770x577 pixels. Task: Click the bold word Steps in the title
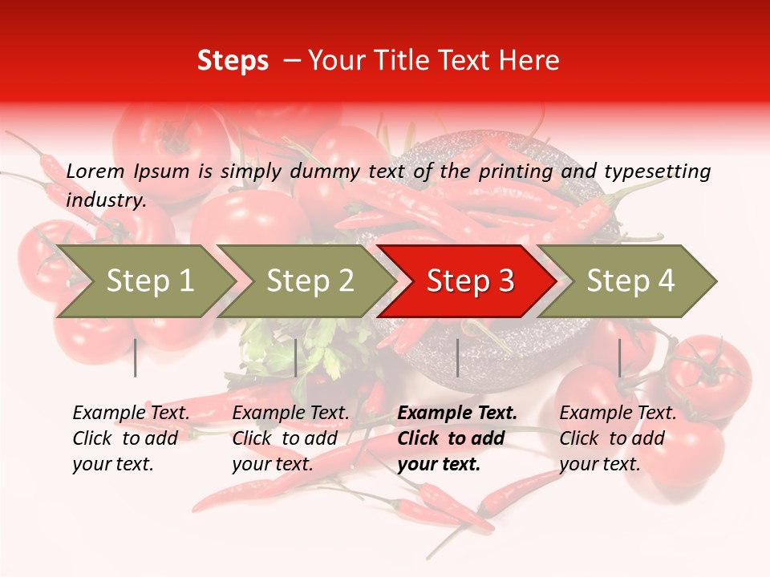tap(233, 61)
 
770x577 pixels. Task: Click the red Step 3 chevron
tap(469, 281)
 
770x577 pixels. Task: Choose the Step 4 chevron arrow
tap(630, 281)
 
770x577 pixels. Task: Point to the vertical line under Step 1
tap(136, 357)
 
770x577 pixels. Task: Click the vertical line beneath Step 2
tap(296, 357)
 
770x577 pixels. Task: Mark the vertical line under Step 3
tap(457, 357)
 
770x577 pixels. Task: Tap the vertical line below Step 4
tap(619, 357)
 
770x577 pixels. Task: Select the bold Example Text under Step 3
tap(457, 438)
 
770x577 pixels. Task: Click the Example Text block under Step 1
tap(131, 438)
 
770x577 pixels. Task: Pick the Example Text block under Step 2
tap(290, 438)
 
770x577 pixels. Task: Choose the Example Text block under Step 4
tap(618, 438)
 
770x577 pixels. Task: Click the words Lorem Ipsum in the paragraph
tap(128, 171)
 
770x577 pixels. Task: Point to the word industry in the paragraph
tap(105, 200)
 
